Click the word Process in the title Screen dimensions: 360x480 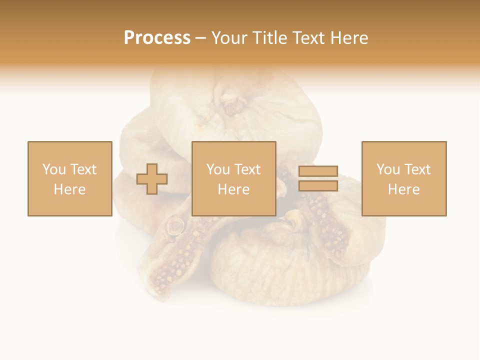[x=157, y=37]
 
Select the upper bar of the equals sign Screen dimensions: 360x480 [x=318, y=171]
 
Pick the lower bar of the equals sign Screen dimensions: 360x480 [x=318, y=186]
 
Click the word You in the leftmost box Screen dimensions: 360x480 [x=54, y=169]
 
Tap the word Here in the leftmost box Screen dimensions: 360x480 [x=69, y=189]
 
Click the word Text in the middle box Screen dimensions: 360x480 [x=247, y=169]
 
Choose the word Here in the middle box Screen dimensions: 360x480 [x=233, y=189]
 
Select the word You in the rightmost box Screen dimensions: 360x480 [x=388, y=169]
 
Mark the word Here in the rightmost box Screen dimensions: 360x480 [x=403, y=189]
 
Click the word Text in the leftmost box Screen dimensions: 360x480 [x=83, y=169]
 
